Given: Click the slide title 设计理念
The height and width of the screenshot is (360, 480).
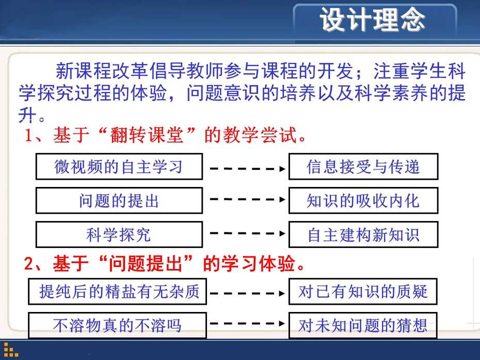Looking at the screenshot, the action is [x=372, y=20].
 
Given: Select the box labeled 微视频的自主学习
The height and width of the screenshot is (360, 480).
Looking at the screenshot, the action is [x=119, y=166].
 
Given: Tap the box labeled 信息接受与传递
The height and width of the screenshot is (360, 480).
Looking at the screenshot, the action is [x=363, y=166].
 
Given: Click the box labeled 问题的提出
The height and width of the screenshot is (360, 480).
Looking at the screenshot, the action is [x=119, y=200].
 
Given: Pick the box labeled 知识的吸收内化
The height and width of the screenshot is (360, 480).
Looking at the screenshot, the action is [x=363, y=200].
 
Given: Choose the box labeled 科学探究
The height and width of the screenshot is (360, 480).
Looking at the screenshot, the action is [x=119, y=234].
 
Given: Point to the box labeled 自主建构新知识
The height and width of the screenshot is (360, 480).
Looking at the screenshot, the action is [x=363, y=234].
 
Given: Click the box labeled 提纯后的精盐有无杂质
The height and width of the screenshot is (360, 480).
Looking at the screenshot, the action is [x=118, y=291].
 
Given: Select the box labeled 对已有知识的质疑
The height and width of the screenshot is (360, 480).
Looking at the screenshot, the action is [x=363, y=291].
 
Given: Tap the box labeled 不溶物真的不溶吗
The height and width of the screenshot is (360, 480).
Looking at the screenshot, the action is [x=118, y=325].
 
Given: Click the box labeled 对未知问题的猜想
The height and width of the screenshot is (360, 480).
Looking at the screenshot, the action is [x=363, y=325].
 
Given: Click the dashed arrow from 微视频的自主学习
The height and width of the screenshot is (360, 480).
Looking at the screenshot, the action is [x=247, y=168].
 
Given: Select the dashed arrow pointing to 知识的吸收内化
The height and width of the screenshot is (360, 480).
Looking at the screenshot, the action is [x=247, y=199].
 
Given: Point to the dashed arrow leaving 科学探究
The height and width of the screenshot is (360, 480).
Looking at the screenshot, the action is [x=247, y=233].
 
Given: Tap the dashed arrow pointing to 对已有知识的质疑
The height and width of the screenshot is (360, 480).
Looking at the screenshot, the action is [x=247, y=293].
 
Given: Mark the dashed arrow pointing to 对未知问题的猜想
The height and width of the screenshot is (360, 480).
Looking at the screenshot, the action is [x=247, y=323].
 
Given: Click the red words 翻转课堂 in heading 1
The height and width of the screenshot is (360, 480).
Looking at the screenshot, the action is [x=147, y=135].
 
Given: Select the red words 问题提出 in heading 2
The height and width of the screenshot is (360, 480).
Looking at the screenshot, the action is [x=146, y=263].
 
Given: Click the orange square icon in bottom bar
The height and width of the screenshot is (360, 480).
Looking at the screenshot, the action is [x=11, y=350].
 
